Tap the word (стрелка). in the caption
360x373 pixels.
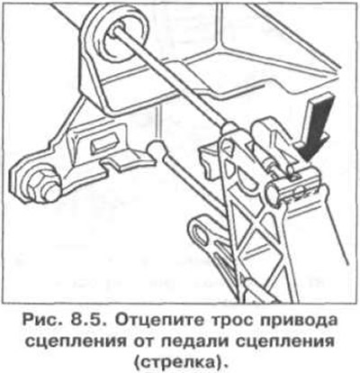pos(180,363)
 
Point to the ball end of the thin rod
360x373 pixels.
pos(157,148)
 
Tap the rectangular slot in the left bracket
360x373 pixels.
pos(103,142)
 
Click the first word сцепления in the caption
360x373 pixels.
pos(81,343)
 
